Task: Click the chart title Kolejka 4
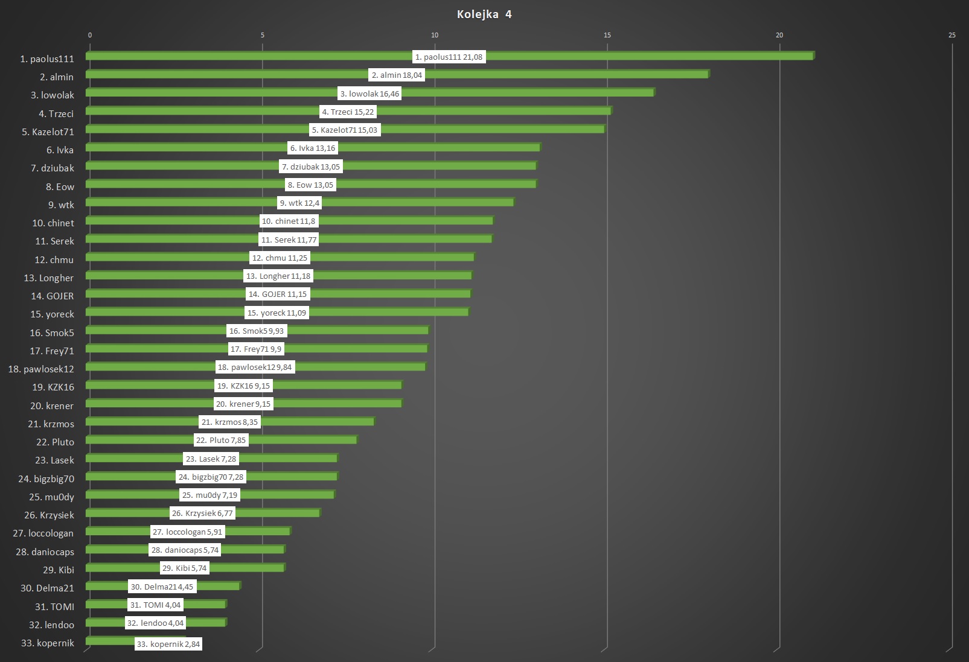point(484,14)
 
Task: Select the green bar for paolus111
point(604,56)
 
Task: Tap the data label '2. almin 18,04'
point(397,75)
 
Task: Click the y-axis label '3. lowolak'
point(53,95)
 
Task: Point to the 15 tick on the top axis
point(607,35)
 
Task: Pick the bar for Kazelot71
point(483,129)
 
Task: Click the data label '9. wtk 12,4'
point(299,203)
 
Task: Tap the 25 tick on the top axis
point(952,35)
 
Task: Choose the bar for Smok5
point(362,330)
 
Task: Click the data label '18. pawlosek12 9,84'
point(255,367)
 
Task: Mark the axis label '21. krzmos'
point(51,424)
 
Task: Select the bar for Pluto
point(302,440)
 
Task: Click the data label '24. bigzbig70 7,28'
point(211,477)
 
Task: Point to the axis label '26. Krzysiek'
point(50,515)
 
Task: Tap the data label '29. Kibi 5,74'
point(184,568)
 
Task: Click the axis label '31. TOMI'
point(54,607)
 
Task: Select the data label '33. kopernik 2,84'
point(168,644)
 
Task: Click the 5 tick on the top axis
point(263,35)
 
